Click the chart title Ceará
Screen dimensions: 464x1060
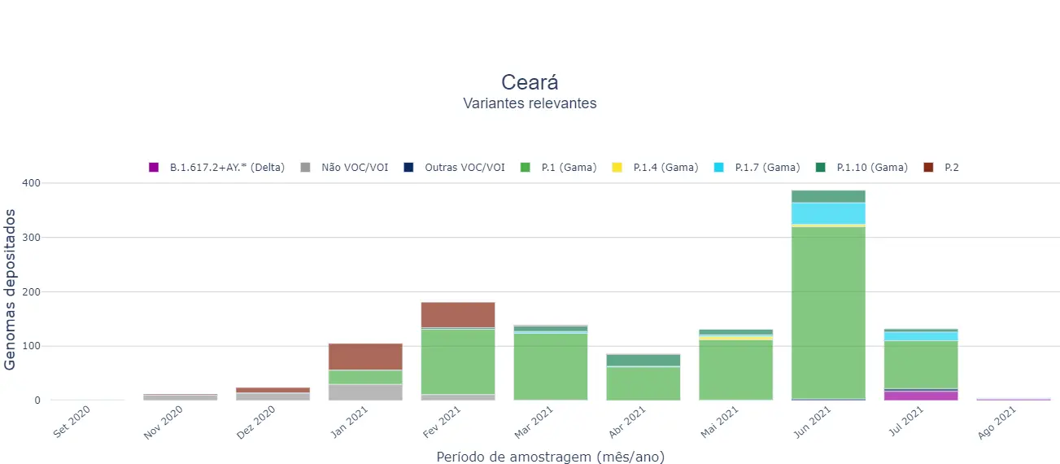(x=530, y=82)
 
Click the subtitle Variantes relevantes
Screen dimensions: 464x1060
(x=530, y=103)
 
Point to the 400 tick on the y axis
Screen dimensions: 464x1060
(x=30, y=183)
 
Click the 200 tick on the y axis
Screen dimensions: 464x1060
(x=30, y=291)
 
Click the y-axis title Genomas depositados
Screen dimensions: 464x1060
(x=11, y=289)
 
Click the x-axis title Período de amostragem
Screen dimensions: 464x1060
(x=550, y=457)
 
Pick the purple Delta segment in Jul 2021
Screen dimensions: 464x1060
(x=920, y=396)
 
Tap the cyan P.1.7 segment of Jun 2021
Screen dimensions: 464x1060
(x=827, y=212)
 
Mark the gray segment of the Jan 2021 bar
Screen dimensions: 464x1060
(x=365, y=392)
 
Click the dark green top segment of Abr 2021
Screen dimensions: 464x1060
(x=643, y=360)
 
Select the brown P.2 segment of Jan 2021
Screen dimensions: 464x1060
(x=365, y=357)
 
